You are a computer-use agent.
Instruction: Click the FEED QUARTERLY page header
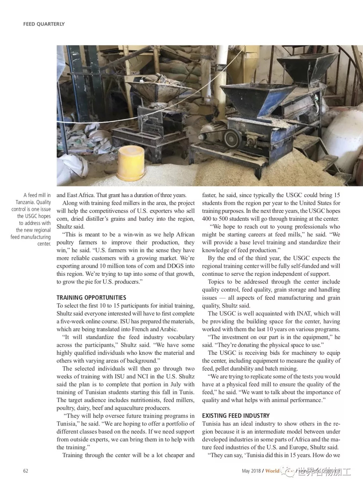[x=44, y=24]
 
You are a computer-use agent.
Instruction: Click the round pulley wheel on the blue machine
[x=231, y=137]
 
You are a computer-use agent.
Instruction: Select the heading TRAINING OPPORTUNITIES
[x=91, y=298]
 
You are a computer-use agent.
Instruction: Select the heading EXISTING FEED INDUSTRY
[x=236, y=416]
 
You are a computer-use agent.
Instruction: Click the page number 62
[x=26, y=471]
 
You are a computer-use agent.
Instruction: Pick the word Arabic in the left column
[x=168, y=329]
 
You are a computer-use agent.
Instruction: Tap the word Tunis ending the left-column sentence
[x=187, y=392]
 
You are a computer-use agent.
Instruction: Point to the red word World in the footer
[x=272, y=471]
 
